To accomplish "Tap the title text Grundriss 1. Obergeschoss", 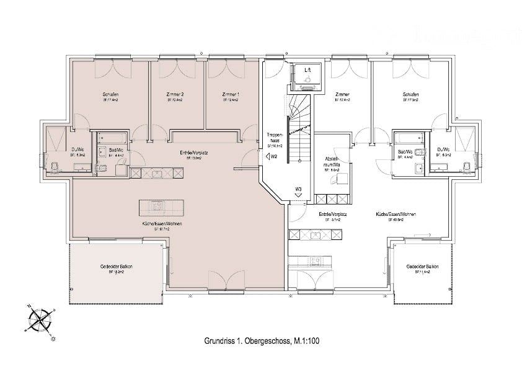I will click(x=242, y=341).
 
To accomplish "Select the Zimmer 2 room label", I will click(x=175, y=94).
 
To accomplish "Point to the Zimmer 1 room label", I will click(x=230, y=94).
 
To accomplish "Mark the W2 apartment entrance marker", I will click(x=273, y=157).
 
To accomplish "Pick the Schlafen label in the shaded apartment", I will click(x=111, y=94).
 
